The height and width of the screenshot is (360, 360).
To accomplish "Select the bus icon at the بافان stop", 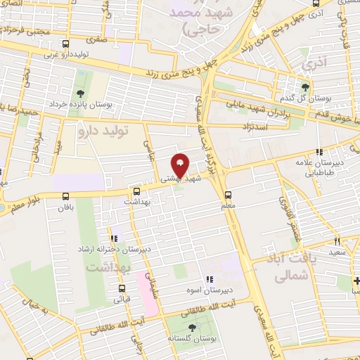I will (x=136, y=190).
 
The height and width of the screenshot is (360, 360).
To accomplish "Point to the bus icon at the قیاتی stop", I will (x=122, y=288).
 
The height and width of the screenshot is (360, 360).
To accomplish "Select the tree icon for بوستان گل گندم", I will (x=305, y=87).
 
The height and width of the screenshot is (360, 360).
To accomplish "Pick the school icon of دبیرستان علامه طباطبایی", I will (x=320, y=152).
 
